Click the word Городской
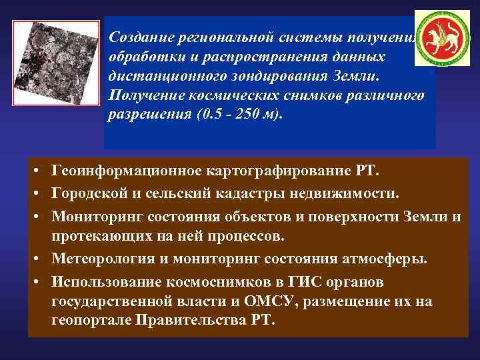click(x=86, y=193)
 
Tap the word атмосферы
click(x=396, y=258)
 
